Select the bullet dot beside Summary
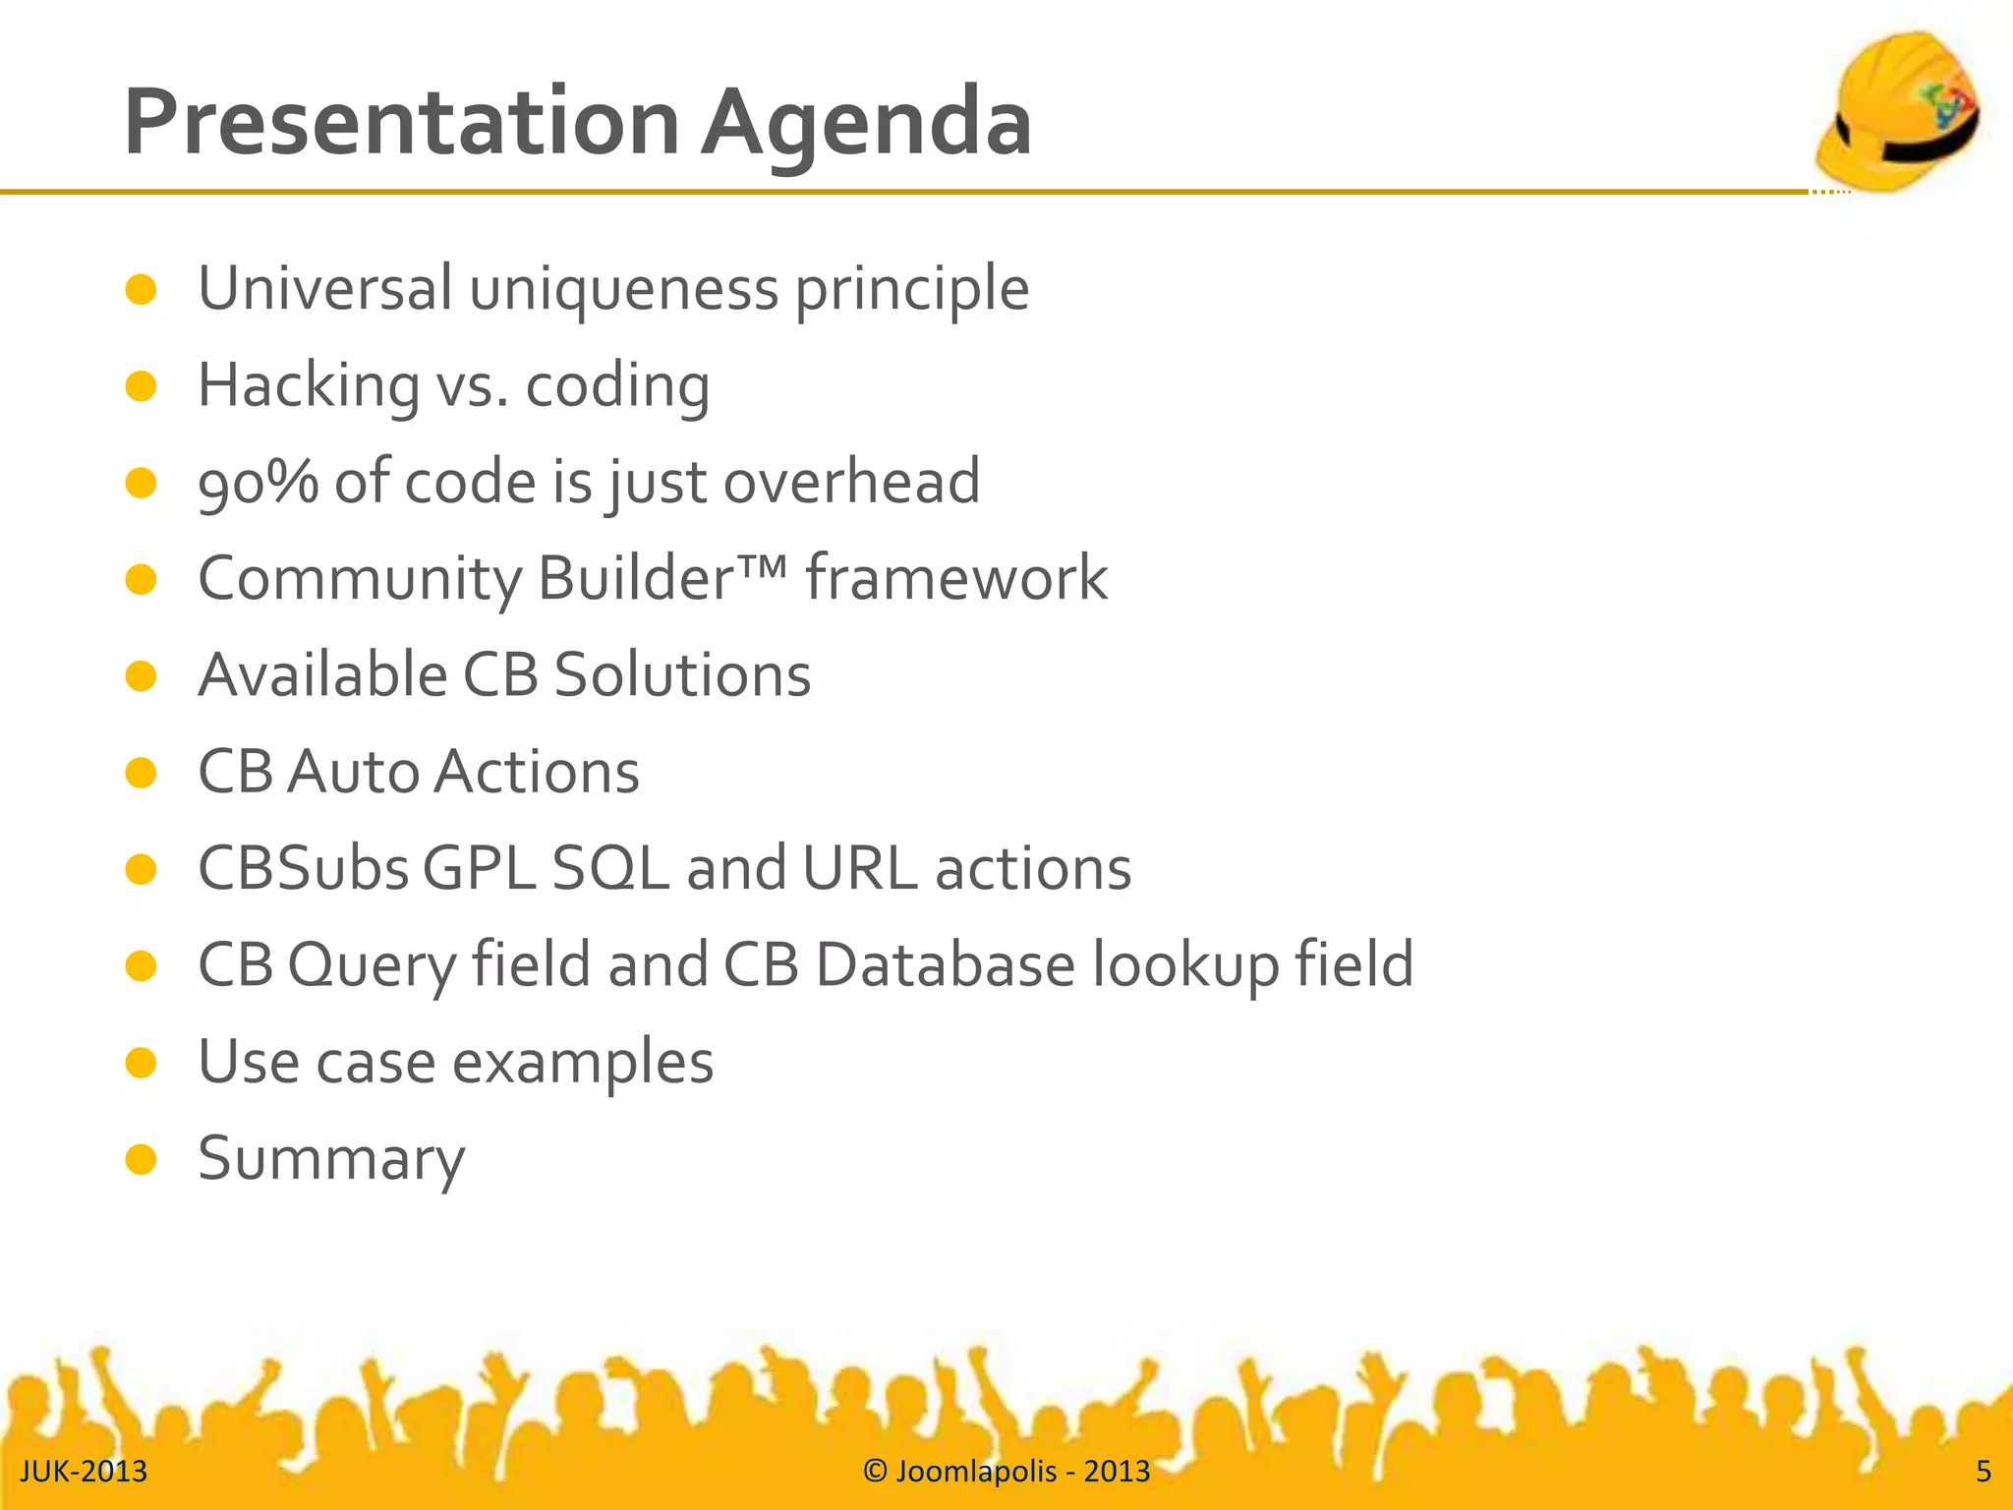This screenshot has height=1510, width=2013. (x=142, y=1159)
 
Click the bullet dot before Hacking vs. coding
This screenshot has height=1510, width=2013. (x=142, y=386)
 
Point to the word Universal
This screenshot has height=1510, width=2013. (x=324, y=289)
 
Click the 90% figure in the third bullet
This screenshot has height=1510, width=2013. (x=258, y=482)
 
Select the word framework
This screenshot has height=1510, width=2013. (x=956, y=578)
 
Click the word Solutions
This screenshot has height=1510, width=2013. (x=682, y=675)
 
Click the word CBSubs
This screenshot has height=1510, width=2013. (x=303, y=869)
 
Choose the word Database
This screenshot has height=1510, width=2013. (x=945, y=964)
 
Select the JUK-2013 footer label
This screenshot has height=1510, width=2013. (x=84, y=1472)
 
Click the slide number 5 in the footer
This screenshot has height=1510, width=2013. (x=1984, y=1472)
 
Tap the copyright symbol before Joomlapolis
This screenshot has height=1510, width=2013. (x=875, y=1472)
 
